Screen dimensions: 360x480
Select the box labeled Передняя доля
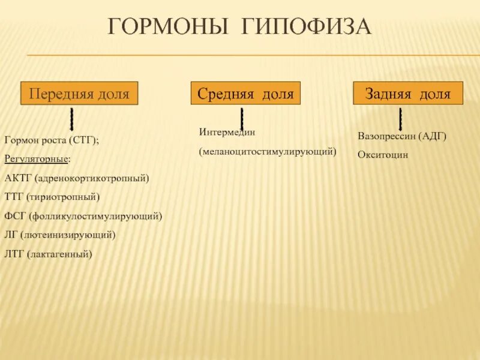click(80, 94)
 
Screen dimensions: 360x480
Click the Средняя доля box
click(246, 94)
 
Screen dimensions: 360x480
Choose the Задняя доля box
click(408, 94)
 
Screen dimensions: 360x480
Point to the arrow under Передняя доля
click(72, 119)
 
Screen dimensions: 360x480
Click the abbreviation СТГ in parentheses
click(83, 140)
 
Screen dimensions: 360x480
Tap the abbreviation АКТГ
click(18, 178)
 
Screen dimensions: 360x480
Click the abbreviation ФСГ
click(15, 216)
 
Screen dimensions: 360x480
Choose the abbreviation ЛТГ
click(14, 254)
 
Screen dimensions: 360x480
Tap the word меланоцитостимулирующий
click(268, 152)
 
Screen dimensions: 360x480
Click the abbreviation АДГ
click(433, 136)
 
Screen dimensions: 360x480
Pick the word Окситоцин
click(383, 154)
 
